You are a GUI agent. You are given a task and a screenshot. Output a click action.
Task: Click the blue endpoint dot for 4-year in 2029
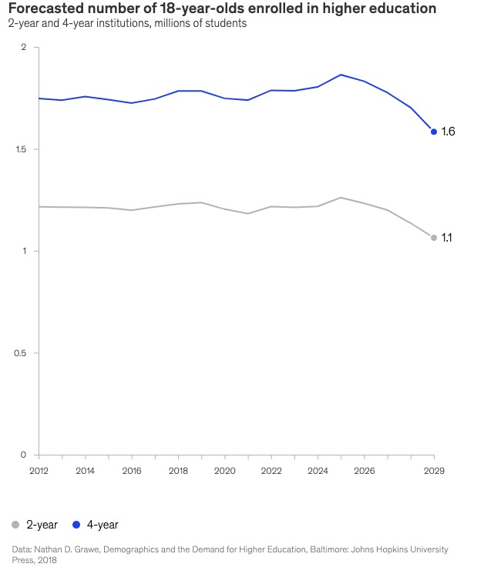434,132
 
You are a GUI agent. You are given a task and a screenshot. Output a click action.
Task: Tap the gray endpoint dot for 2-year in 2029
434,238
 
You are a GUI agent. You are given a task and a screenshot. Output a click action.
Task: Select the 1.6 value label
448,132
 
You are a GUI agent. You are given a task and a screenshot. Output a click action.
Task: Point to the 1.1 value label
447,238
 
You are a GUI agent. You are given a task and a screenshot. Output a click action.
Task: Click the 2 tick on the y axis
24,48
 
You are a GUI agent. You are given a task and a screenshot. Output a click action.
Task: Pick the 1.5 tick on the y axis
21,149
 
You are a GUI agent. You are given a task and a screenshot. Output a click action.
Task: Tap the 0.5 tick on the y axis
21,353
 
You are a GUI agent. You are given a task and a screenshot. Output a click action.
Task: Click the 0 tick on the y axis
24,455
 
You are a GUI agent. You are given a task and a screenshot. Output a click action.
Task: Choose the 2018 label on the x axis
178,469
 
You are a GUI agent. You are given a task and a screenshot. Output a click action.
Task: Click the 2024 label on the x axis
318,469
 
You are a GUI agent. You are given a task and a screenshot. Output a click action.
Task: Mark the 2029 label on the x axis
433,469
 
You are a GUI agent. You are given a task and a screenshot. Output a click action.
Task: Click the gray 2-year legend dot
15,525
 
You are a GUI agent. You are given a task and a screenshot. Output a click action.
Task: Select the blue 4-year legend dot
76,525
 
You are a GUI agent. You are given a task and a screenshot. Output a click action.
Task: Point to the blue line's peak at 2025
341,75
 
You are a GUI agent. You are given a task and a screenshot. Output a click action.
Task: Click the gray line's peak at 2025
341,198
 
